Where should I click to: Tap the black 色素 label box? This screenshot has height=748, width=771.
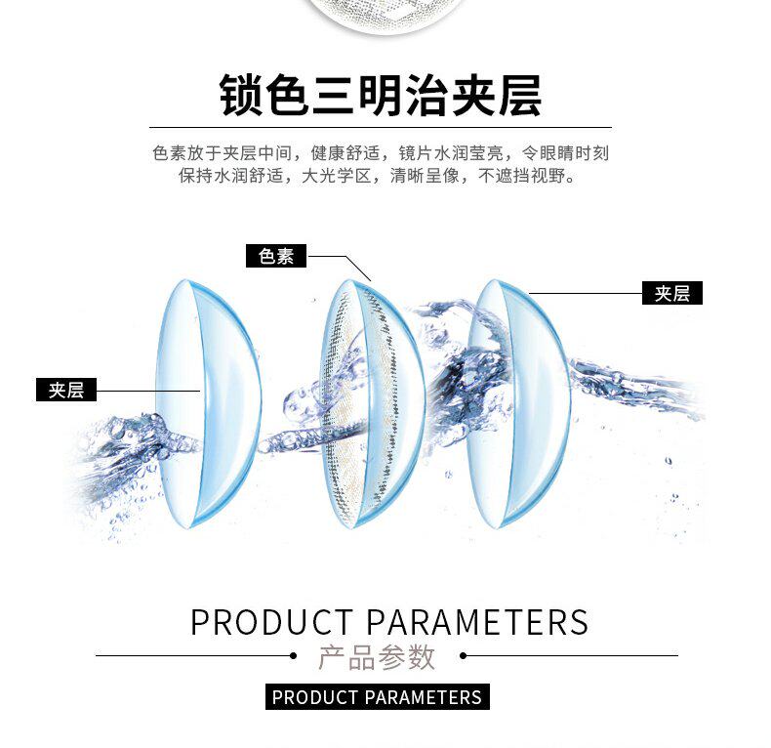pyautogui.click(x=276, y=256)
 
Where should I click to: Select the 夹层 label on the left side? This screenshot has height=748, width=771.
pyautogui.click(x=66, y=390)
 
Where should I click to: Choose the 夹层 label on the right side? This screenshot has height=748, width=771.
pyautogui.click(x=672, y=292)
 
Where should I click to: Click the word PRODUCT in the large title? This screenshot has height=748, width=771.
pyautogui.click(x=271, y=622)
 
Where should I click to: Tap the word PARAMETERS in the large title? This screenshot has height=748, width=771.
pyautogui.click(x=478, y=622)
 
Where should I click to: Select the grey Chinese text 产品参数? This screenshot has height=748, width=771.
pyautogui.click(x=377, y=657)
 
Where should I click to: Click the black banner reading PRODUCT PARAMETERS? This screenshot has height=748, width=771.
pyautogui.click(x=377, y=697)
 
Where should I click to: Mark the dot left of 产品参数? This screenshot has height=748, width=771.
pyautogui.click(x=295, y=656)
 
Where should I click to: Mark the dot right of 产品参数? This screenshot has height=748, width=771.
pyautogui.click(x=464, y=656)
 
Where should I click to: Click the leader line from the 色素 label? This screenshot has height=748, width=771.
pyautogui.click(x=337, y=257)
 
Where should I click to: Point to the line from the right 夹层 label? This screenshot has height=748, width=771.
pyautogui.click(x=586, y=291)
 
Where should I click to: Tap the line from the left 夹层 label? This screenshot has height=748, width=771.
pyautogui.click(x=146, y=391)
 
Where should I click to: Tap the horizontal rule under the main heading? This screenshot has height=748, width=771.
pyautogui.click(x=381, y=127)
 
